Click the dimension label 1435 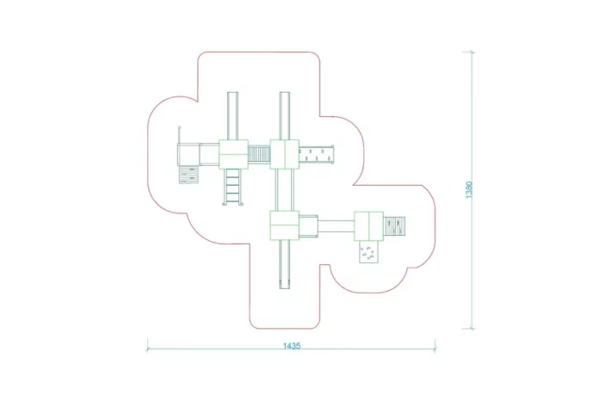tap(292, 345)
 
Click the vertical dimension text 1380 tap(469, 189)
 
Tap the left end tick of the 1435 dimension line tap(147, 346)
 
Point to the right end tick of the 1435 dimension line tap(435, 346)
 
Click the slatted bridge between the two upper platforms tap(259, 154)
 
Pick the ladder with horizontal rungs tap(232, 187)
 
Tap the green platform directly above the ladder tap(233, 154)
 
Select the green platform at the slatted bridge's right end tap(285, 154)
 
